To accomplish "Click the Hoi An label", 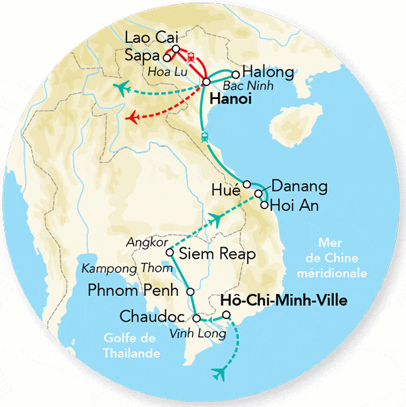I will [x=294, y=205].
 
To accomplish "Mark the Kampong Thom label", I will [x=120, y=268].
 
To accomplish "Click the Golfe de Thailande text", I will [x=130, y=345].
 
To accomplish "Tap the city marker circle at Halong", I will [x=235, y=74].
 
